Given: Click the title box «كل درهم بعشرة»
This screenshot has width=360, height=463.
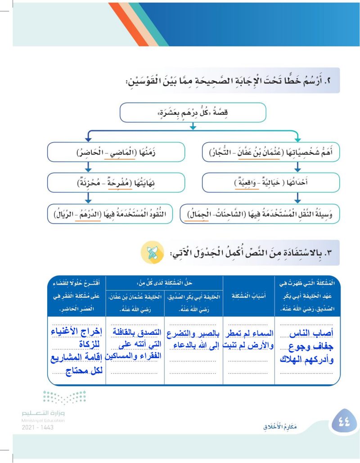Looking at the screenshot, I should (193, 112).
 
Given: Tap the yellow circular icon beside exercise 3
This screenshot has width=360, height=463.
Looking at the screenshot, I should (153, 253).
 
